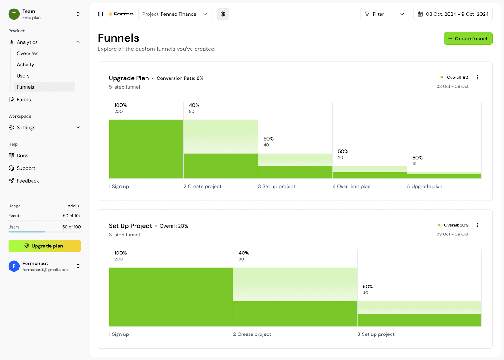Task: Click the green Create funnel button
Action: point(468,38)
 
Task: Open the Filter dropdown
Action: point(384,14)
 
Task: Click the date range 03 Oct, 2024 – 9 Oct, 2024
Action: point(453,14)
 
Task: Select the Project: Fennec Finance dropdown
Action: point(175,14)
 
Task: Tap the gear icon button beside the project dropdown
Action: point(223,14)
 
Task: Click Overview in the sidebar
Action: point(27,53)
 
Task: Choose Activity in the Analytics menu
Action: point(26,65)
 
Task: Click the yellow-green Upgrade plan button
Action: point(44,246)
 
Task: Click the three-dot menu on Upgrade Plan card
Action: point(477,78)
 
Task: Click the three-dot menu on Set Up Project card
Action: point(477,225)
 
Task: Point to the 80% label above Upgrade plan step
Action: point(417,158)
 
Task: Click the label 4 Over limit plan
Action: point(352,186)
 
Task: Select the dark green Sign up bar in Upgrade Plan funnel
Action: point(146,149)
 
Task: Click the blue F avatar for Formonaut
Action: point(14,266)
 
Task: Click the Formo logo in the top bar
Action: point(120,14)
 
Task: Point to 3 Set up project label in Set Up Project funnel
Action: point(376,334)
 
